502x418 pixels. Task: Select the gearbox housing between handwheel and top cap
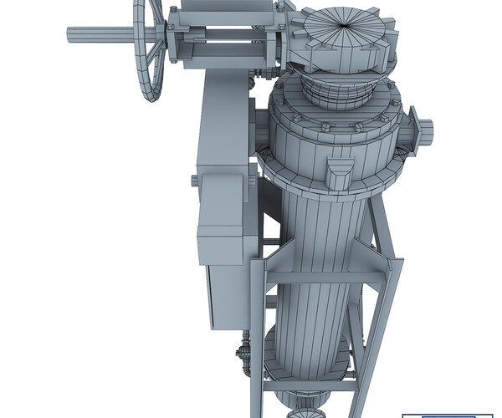pos(224,38)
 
